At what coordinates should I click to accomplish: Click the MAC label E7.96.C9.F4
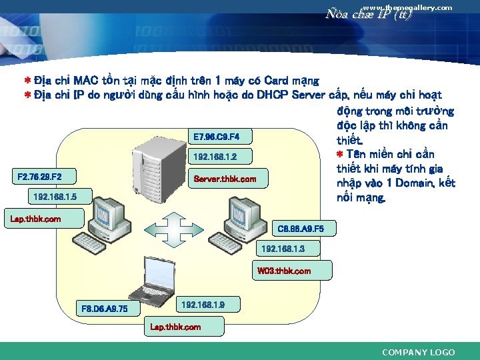point(211,137)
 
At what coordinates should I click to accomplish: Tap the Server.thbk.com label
point(224,179)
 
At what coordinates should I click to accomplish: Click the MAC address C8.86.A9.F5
point(300,228)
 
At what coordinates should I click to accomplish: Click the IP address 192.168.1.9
point(203,305)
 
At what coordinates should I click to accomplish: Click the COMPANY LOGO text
point(418,352)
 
